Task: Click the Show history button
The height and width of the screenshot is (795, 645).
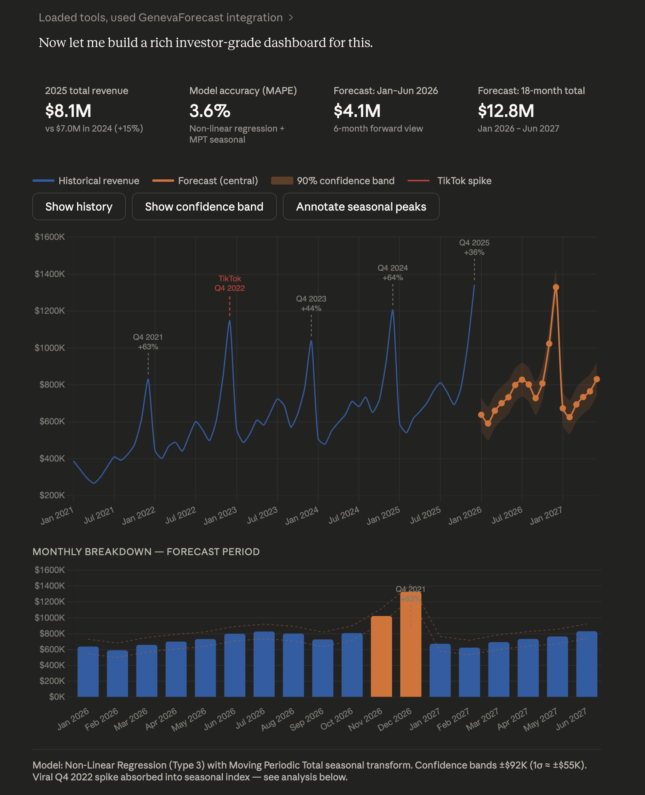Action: coord(79,207)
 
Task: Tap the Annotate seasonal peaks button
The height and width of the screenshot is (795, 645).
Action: coord(361,207)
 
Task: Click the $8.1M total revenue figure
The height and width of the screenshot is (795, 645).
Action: coord(68,111)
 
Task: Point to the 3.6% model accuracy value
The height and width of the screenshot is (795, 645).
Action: coord(210,111)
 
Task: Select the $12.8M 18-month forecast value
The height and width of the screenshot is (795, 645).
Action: coord(506,111)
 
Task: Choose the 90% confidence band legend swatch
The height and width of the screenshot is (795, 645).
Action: coord(282,181)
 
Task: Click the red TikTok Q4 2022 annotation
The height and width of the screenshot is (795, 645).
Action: coord(230,283)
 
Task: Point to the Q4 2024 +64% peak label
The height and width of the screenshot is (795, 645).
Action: coord(392,273)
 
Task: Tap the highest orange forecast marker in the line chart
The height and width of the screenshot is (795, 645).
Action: coord(556,287)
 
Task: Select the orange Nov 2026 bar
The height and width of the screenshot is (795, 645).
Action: coord(381,657)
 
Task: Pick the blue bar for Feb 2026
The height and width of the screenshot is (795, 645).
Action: coord(117,674)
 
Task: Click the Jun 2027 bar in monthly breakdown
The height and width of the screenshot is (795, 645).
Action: coord(587,665)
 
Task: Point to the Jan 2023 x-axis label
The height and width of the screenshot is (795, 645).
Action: coord(220,516)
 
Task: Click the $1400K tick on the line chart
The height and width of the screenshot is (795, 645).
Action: coord(50,274)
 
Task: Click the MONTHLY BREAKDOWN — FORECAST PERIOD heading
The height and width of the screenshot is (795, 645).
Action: coord(146,552)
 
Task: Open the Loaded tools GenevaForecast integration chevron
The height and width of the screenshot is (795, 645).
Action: coord(291,18)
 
